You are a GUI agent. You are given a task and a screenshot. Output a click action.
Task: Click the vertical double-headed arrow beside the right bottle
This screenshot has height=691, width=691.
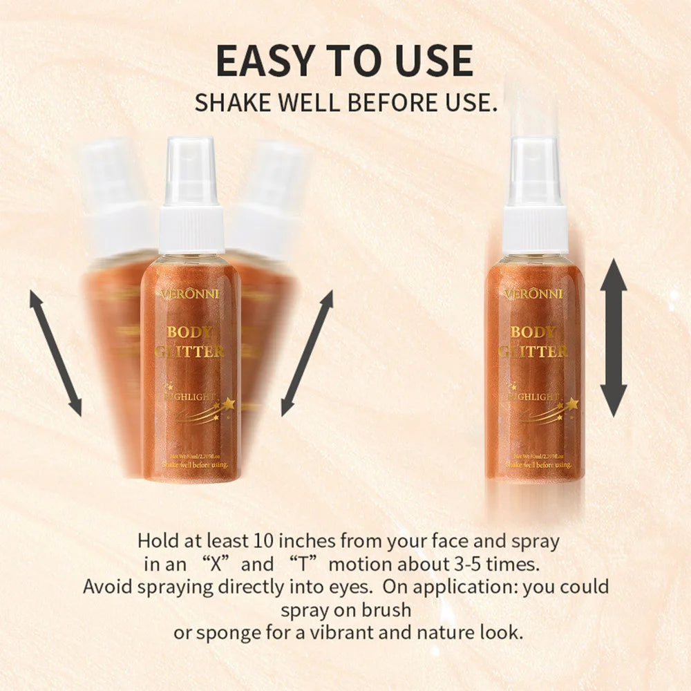pos(613,337)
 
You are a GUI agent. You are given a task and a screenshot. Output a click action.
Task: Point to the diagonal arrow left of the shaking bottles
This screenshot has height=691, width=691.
pos(55,353)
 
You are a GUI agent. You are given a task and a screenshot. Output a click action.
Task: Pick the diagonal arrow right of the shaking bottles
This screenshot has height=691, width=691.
pos(307,353)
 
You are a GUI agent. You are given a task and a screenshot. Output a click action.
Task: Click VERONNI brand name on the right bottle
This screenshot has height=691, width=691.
pos(534,294)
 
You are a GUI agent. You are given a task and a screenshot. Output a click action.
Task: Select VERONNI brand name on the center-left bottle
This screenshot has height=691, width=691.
pos(190,294)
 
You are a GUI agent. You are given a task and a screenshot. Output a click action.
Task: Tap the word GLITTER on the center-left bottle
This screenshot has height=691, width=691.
pos(190,351)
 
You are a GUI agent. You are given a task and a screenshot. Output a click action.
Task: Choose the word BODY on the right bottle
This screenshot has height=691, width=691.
pos(533,332)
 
